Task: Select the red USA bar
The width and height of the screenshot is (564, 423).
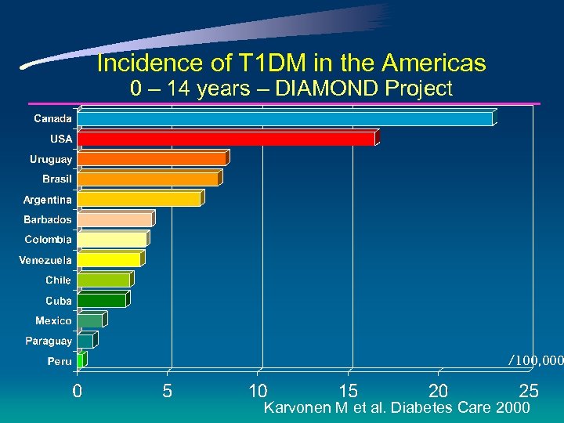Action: [226, 139]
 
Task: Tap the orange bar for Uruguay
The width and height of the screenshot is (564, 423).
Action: [152, 159]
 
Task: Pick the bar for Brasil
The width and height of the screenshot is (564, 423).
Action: [148, 179]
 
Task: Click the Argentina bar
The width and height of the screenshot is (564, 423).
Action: [139, 199]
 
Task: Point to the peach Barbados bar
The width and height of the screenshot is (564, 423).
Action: [115, 219]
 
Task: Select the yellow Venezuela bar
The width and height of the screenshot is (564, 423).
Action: [109, 259]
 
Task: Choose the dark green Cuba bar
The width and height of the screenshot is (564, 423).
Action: [102, 300]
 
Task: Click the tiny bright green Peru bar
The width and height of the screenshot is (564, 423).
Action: [81, 360]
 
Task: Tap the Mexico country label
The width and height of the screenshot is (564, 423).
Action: [53, 320]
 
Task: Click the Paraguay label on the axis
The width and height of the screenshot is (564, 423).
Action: [49, 341]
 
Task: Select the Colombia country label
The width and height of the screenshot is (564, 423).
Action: [48, 240]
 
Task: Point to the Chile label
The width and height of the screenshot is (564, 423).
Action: [58, 280]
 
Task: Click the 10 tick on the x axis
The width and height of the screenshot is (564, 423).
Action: [258, 390]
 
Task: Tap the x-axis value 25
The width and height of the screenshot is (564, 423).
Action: [529, 390]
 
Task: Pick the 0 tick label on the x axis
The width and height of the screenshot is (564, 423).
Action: [77, 390]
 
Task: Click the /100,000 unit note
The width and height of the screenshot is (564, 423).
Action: [536, 360]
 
